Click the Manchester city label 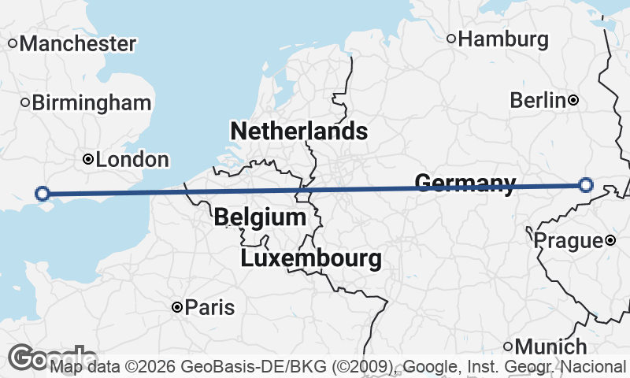(78, 43)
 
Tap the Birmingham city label (92, 102)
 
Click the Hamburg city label (503, 39)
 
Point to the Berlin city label (538, 100)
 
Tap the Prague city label (569, 240)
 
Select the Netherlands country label (298, 131)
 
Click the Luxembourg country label (311, 258)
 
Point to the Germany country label (465, 183)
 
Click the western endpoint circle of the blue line (43, 193)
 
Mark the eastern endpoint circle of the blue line (585, 185)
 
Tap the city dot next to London (88, 160)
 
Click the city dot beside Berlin (574, 100)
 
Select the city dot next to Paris (178, 307)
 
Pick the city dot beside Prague (610, 240)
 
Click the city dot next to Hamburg (451, 39)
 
